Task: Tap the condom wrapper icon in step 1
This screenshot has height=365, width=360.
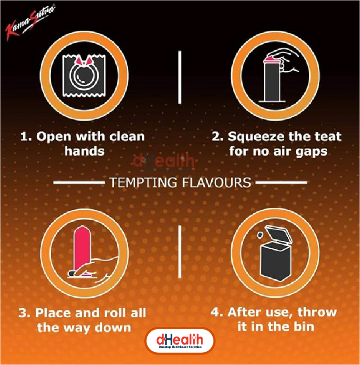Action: [84, 76]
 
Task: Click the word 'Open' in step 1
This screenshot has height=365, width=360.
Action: [54, 137]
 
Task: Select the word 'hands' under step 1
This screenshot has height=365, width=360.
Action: [84, 151]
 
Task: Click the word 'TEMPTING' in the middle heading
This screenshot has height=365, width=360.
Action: [143, 182]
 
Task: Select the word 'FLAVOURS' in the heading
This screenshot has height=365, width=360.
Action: [217, 182]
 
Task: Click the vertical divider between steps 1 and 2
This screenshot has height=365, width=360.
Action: [180, 77]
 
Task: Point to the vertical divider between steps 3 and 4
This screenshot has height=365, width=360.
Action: [180, 252]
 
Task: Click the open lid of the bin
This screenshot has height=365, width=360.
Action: [279, 236]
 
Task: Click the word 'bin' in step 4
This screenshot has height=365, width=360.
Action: [304, 327]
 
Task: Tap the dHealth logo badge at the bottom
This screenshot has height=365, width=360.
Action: [180, 341]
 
